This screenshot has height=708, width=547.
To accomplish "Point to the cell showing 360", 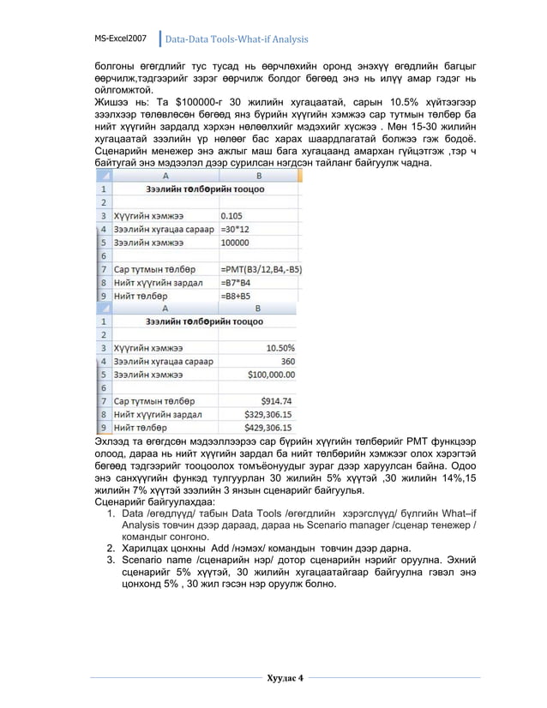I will [286, 361].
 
